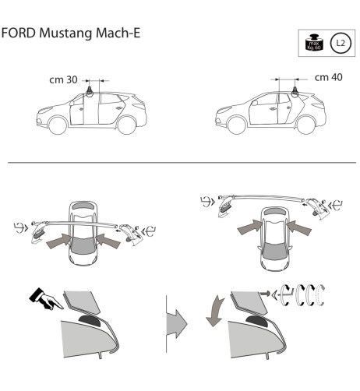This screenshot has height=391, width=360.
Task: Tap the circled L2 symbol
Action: [339, 44]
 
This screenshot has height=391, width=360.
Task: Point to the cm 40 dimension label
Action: [328, 78]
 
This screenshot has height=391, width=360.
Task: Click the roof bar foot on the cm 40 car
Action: [296, 91]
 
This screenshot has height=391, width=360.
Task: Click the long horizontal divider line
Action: [180, 163]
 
